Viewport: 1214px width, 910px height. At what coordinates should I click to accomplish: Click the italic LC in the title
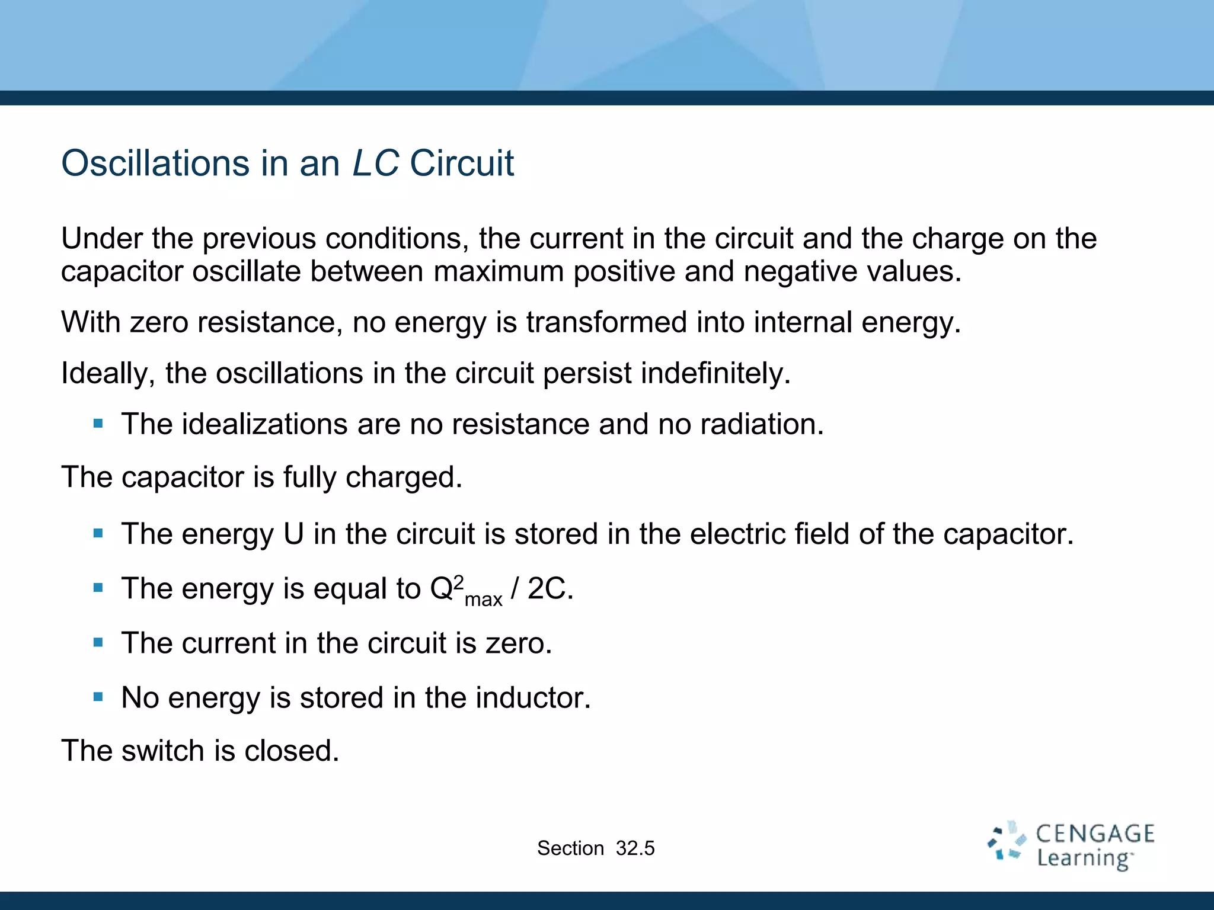[x=376, y=164]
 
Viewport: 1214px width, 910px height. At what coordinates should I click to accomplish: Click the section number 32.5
[x=635, y=848]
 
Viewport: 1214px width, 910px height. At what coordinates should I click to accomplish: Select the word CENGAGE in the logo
[x=1095, y=834]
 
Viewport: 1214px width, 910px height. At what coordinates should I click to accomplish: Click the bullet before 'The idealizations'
[x=98, y=424]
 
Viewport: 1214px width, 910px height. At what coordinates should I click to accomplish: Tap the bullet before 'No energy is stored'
[x=98, y=697]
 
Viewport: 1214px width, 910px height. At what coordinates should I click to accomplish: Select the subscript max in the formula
[x=483, y=600]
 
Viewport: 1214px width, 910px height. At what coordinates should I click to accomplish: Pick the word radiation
[x=761, y=425]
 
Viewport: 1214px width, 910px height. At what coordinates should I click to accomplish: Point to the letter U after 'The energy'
[x=293, y=534]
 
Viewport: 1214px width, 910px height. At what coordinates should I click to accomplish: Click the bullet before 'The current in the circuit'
[x=98, y=642]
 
